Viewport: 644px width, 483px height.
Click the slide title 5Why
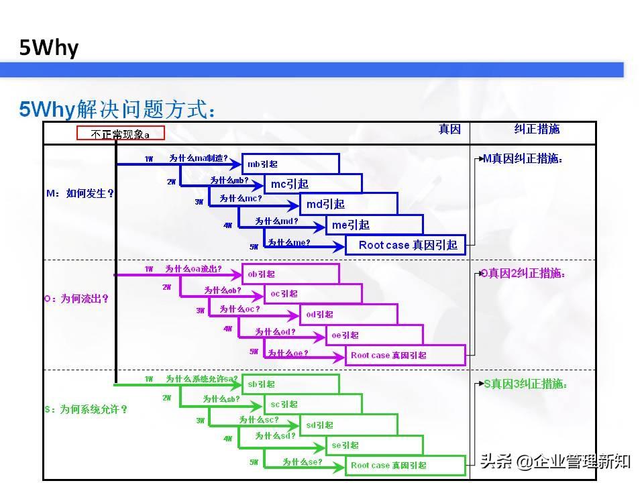[49, 48]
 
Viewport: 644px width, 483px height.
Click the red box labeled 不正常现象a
[121, 133]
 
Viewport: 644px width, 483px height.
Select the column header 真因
[449, 129]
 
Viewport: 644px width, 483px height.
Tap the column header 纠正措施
[537, 129]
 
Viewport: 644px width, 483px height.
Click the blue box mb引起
[290, 164]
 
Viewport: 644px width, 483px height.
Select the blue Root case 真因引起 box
[405, 245]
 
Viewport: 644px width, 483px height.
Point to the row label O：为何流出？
[76, 299]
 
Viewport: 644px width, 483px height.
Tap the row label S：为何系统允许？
[86, 409]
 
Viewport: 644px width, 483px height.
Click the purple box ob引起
[290, 274]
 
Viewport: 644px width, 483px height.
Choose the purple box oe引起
[374, 335]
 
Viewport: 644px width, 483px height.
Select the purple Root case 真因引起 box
[405, 355]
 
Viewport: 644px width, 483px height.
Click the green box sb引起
[290, 384]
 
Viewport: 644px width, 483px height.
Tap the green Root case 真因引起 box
[405, 465]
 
